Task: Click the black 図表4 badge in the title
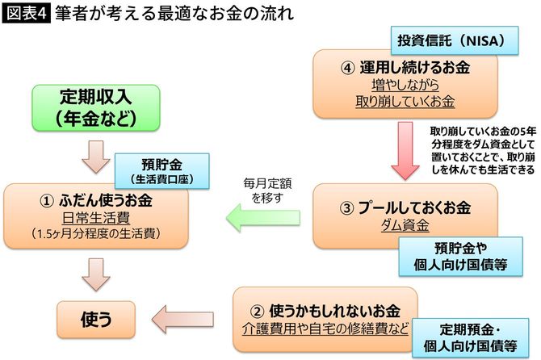click(x=26, y=14)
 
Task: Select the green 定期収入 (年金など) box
click(x=94, y=107)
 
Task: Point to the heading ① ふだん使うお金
click(x=96, y=199)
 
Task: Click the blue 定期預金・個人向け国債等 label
click(x=468, y=337)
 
